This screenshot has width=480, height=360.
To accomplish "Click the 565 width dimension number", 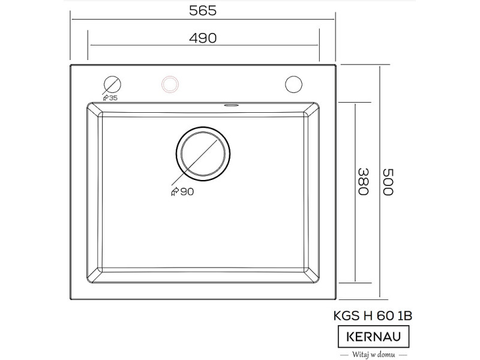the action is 203,11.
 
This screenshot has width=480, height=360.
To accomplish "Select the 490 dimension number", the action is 203,38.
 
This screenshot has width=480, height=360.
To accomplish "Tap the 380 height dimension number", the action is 364,182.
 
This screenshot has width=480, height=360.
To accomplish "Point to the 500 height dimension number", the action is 388,182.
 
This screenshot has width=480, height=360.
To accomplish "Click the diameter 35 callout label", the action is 110,98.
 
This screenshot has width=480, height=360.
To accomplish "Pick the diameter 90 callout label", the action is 182,191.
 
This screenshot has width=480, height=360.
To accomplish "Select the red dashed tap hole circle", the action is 170,84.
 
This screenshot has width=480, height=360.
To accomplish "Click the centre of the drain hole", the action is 203,154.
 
